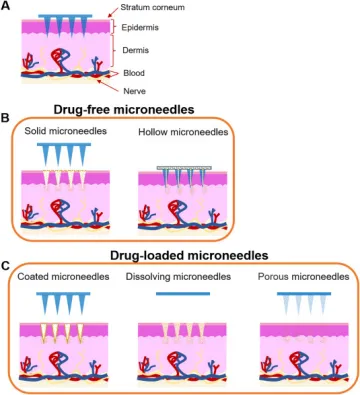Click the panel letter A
(x=6, y=6)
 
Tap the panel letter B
(x=5, y=118)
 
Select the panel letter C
(x=5, y=266)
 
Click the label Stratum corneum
(x=152, y=7)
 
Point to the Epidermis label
(x=140, y=27)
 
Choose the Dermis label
(x=135, y=50)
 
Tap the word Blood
(x=134, y=73)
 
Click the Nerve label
(x=134, y=91)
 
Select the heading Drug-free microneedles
(x=124, y=109)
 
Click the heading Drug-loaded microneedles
(x=189, y=255)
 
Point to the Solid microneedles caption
(x=66, y=131)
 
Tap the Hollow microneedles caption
(x=183, y=132)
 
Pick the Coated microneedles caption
(x=63, y=277)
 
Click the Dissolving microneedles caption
(x=178, y=277)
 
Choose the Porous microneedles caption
(x=304, y=277)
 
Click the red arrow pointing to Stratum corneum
(x=113, y=12)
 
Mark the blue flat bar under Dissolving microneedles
(x=183, y=294)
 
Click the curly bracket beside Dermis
(x=114, y=50)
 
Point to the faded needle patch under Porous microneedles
(x=304, y=303)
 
